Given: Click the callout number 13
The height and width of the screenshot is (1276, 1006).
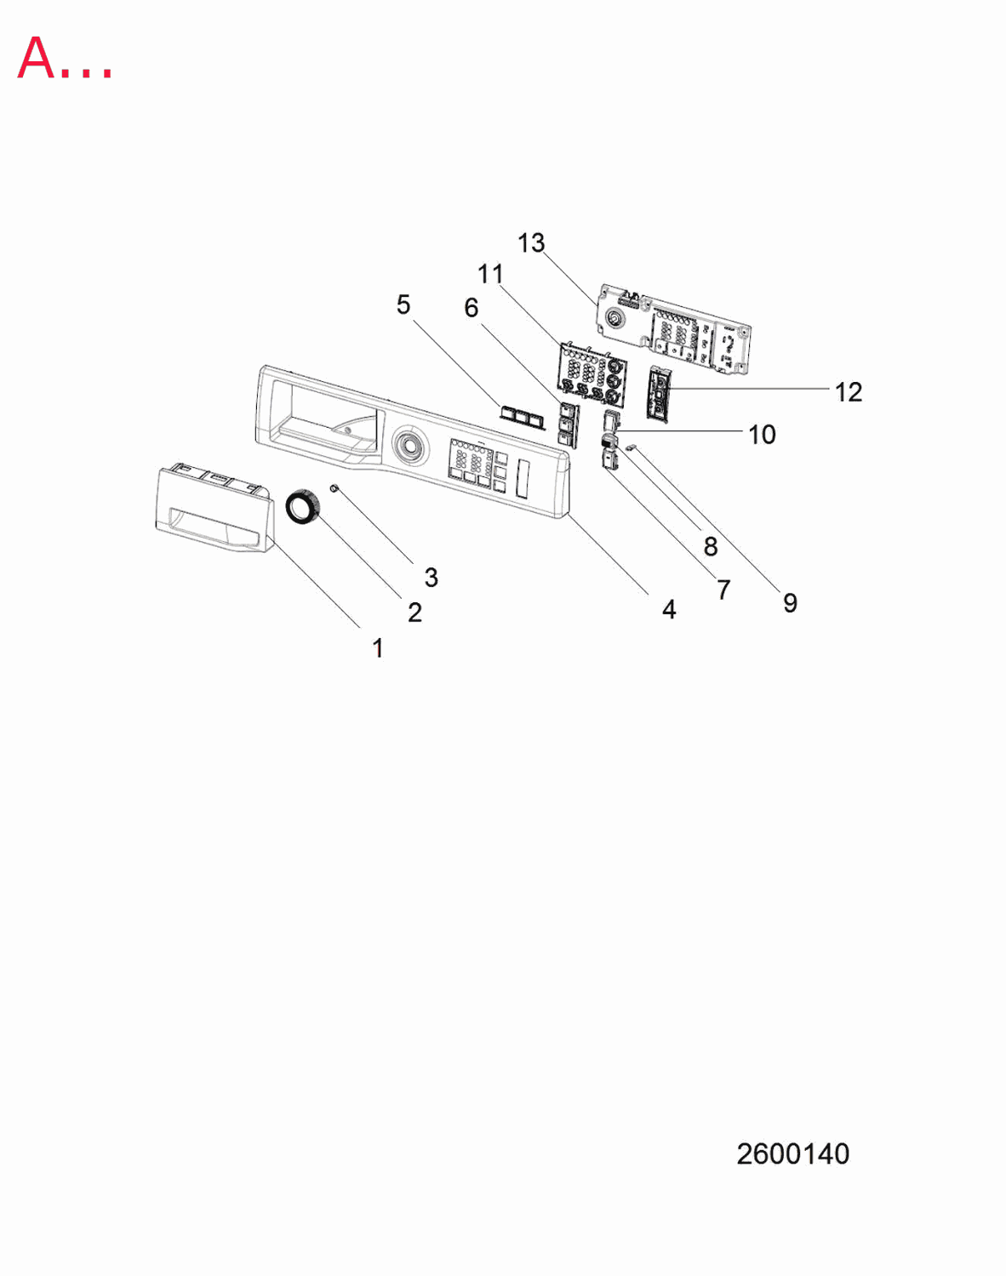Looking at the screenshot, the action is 531,242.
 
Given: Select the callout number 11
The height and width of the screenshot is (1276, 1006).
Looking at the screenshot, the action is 490,274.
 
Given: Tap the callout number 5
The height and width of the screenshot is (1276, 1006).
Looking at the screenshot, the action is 403,305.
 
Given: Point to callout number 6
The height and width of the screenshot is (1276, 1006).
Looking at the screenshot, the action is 472,308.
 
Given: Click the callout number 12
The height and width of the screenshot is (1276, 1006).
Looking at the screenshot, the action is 849,392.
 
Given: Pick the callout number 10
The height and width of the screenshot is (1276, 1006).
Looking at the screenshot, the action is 763,435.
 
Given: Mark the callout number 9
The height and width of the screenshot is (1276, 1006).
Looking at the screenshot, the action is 790,603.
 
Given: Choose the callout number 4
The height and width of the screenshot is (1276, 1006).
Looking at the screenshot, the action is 669,610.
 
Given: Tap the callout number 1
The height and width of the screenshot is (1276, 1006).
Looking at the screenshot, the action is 378,647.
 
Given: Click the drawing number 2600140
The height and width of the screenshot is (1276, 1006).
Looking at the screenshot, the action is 793,1154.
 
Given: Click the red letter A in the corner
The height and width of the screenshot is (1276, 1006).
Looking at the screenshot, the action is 37,58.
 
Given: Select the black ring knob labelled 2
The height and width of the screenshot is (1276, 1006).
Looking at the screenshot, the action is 303,507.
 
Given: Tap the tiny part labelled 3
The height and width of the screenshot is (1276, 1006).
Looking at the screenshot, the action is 334,488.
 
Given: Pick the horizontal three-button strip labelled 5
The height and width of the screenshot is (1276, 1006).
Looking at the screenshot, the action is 522,418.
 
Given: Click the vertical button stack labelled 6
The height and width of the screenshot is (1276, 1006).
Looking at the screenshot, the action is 569,424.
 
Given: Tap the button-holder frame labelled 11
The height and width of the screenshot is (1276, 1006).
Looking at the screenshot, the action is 591,374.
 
